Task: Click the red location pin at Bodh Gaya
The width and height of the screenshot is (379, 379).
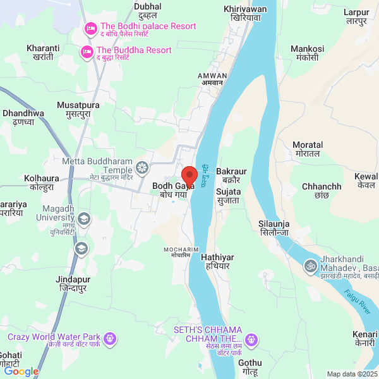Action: pos(189,175)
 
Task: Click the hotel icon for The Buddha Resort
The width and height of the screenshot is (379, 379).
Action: pos(87,51)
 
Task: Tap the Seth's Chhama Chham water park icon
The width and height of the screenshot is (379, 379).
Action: pos(251,340)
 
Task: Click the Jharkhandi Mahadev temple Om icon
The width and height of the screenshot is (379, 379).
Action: pos(310,266)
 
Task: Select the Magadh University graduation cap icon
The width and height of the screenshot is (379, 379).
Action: pos(84,219)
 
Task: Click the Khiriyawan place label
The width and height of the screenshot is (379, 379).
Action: pos(245,14)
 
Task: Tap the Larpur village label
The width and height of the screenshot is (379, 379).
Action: pos(356,16)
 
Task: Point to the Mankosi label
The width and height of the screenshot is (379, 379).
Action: pos(307,53)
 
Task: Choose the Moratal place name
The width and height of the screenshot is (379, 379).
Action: pos(308,149)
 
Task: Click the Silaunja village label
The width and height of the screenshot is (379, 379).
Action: pos(274,228)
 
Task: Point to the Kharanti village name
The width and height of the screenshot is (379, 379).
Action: pos(43,53)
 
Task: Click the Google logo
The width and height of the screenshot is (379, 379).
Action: pos(21,371)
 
